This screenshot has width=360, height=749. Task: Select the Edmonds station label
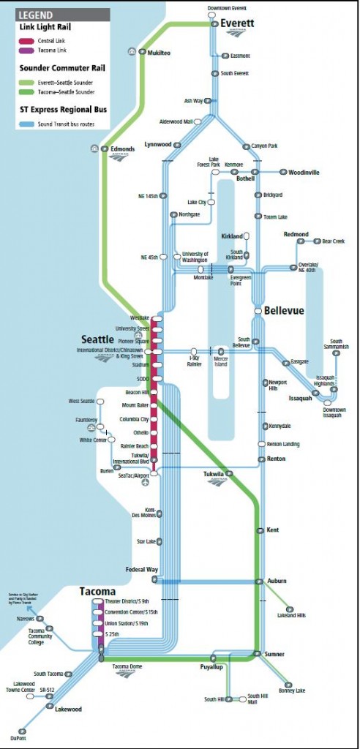click(x=122, y=149)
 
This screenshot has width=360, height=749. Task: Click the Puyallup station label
click(x=211, y=668)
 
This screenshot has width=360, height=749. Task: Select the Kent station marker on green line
click(x=259, y=530)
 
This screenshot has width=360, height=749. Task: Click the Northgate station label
click(x=190, y=215)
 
